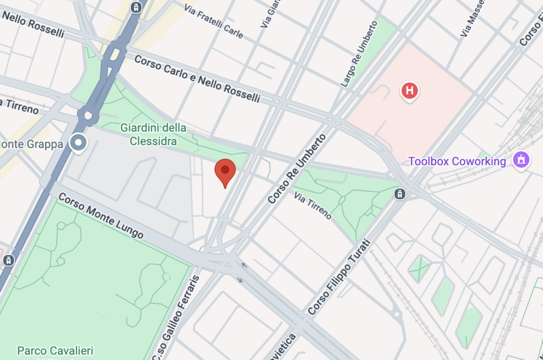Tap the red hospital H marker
click(409, 91)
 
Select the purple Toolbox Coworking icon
click(522, 160)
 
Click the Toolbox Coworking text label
click(457, 161)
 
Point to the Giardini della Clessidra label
click(153, 134)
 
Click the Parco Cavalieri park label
click(55, 350)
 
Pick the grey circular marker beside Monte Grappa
click(80, 142)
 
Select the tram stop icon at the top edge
click(137, 7)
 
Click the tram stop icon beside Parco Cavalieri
click(8, 260)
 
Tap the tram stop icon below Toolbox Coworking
click(400, 194)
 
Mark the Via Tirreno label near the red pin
click(313, 206)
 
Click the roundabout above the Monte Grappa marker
click(88, 115)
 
